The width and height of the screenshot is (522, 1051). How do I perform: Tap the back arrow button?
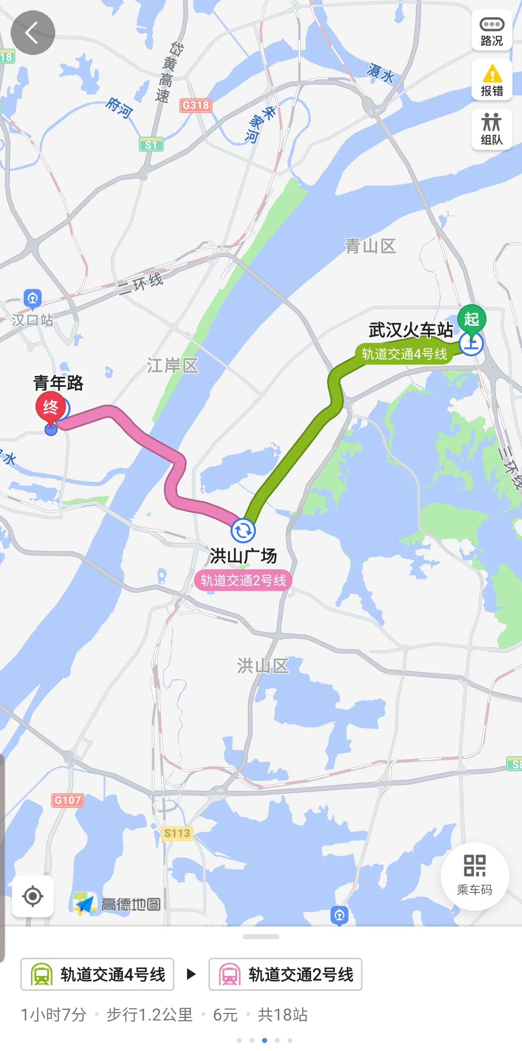pyautogui.click(x=33, y=33)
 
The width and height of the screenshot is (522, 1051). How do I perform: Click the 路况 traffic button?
pyautogui.click(x=492, y=31)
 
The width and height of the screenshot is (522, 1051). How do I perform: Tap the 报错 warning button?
pyautogui.click(x=492, y=80)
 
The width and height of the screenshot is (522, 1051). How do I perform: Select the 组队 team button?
pyautogui.click(x=492, y=129)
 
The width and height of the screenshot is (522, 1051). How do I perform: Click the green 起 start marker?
pyautogui.click(x=472, y=319)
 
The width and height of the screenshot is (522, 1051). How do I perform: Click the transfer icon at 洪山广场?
pyautogui.click(x=243, y=530)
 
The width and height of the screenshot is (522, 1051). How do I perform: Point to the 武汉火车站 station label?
pyautogui.click(x=411, y=330)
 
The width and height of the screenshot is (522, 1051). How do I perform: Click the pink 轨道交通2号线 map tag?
pyautogui.click(x=243, y=580)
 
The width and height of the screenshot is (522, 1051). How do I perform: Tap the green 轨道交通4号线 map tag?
pyautogui.click(x=404, y=354)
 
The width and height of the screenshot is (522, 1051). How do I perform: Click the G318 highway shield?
pyautogui.click(x=196, y=105)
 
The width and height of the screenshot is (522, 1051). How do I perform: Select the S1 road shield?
pyautogui.click(x=151, y=145)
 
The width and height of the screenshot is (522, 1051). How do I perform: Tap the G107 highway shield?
pyautogui.click(x=68, y=800)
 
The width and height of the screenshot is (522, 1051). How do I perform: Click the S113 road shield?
pyautogui.click(x=177, y=833)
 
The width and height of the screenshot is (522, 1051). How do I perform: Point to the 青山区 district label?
pyautogui.click(x=370, y=246)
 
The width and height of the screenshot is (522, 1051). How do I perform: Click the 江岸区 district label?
pyautogui.click(x=173, y=365)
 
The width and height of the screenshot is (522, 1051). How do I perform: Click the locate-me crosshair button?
pyautogui.click(x=33, y=896)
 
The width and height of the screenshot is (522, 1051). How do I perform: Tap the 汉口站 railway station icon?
pyautogui.click(x=33, y=299)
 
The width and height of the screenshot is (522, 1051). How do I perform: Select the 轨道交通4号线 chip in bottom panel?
pyautogui.click(x=98, y=974)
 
